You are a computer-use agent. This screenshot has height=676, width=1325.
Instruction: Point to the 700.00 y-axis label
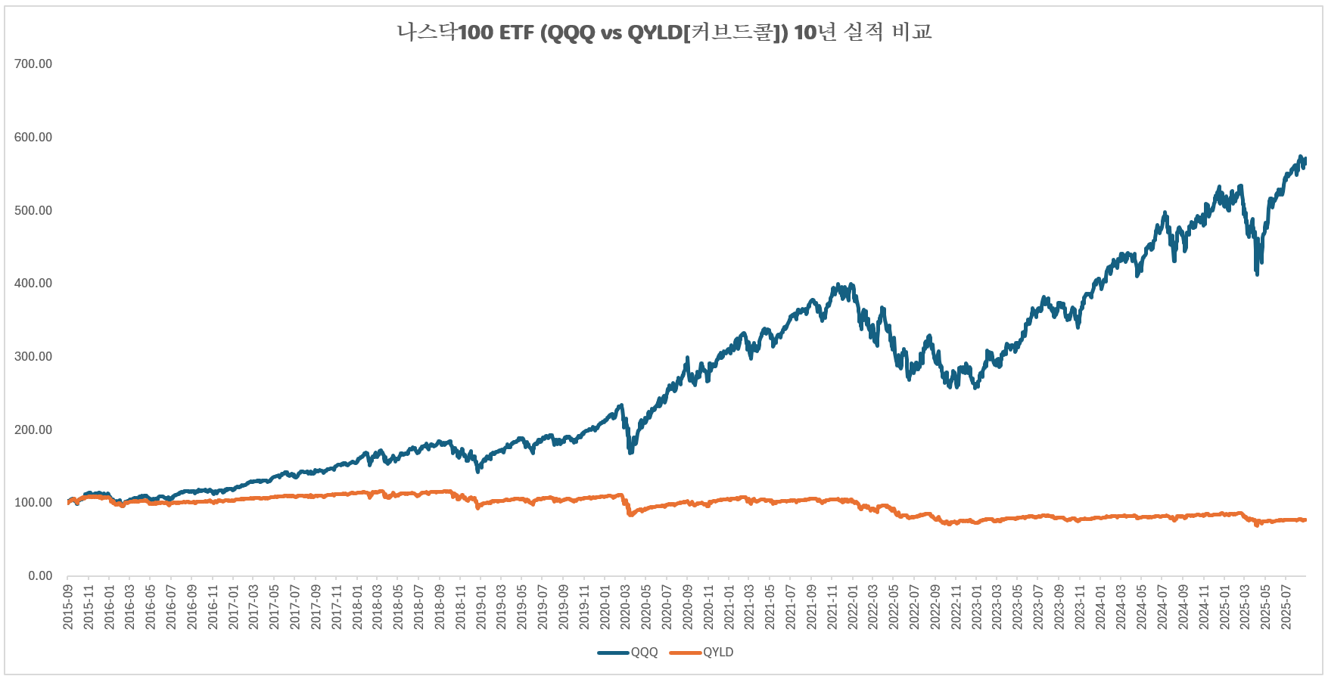(33, 64)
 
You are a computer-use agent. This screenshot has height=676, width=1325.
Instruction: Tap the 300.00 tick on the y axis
(33, 356)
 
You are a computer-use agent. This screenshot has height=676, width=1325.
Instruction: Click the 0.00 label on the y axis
(40, 575)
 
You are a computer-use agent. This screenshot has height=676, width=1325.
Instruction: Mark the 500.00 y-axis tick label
(33, 210)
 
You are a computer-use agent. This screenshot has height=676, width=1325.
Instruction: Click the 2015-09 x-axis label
(68, 606)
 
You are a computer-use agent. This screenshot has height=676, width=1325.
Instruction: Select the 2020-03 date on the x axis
(626, 606)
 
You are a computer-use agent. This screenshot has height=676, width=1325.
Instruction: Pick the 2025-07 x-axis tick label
(1286, 606)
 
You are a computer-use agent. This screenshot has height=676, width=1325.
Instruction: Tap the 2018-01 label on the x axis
(357, 606)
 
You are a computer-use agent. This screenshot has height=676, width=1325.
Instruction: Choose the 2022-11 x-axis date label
(956, 606)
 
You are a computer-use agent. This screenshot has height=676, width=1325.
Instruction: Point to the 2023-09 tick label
(1059, 606)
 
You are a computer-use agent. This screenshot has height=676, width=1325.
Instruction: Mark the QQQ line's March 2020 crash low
(630, 451)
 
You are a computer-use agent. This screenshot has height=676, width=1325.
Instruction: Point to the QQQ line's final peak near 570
(1301, 157)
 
